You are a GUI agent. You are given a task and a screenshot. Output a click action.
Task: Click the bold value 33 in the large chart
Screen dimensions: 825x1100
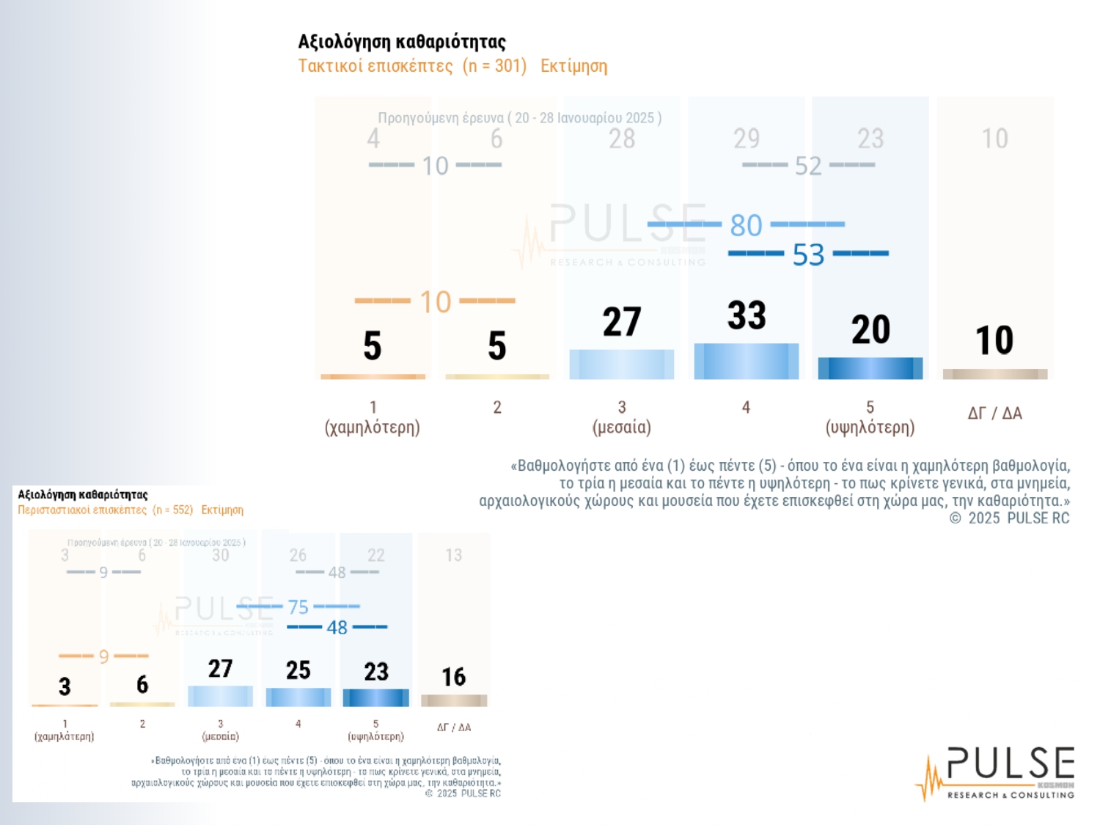(x=747, y=315)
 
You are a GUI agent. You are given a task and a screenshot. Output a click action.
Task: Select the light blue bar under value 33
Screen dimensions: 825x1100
(x=746, y=361)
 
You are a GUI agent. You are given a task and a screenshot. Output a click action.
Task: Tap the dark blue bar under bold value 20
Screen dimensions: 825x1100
(x=870, y=368)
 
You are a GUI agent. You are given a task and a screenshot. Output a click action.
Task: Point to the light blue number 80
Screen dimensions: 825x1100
(x=747, y=225)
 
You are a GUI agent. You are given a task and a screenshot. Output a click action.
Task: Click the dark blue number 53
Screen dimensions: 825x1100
(x=808, y=255)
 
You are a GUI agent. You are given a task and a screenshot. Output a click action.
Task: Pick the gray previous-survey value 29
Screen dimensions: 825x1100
(x=747, y=139)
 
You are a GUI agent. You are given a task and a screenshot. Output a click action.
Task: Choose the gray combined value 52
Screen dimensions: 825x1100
(x=808, y=166)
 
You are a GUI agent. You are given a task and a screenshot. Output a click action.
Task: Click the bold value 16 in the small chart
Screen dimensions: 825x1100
(x=453, y=677)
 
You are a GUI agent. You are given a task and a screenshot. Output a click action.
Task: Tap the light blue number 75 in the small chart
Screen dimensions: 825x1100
(x=298, y=607)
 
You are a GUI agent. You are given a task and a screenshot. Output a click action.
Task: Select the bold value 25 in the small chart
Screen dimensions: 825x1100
(x=298, y=670)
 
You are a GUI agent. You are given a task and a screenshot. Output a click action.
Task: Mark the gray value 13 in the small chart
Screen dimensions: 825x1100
(x=453, y=556)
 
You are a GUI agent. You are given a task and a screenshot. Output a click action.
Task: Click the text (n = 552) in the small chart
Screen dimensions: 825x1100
(x=172, y=510)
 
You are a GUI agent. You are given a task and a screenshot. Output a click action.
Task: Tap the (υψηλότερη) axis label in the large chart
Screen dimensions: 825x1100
(x=870, y=428)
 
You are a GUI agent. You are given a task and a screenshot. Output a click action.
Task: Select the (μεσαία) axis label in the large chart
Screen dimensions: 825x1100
(x=621, y=428)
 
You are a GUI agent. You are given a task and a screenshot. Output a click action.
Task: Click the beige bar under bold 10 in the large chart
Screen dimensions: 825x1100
(x=994, y=374)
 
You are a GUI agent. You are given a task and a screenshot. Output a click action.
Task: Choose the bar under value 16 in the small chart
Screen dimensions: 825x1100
(x=453, y=700)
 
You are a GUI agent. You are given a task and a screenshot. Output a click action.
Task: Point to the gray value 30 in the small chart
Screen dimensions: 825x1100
(x=220, y=556)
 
